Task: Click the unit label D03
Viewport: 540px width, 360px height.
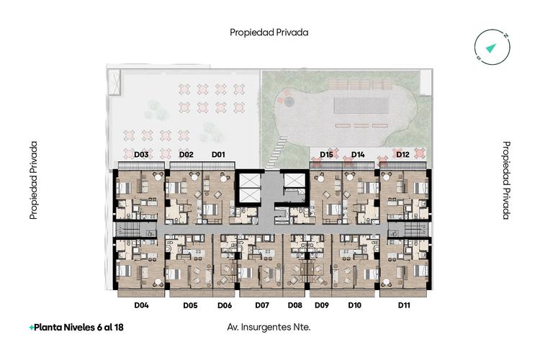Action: (x=141, y=154)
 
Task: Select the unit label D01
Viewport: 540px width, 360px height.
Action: (x=218, y=154)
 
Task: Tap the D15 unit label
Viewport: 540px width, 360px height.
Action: (x=326, y=154)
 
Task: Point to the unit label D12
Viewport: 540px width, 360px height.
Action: (x=402, y=154)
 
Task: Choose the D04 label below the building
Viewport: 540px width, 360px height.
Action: (x=141, y=305)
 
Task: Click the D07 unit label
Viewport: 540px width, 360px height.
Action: (x=262, y=305)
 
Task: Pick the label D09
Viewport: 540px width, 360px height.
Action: (x=322, y=305)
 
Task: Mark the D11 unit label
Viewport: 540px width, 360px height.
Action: (x=404, y=305)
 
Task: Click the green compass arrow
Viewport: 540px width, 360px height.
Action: (x=491, y=48)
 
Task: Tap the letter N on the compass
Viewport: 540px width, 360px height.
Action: (x=505, y=35)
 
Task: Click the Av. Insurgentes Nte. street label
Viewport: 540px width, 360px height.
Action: (x=269, y=327)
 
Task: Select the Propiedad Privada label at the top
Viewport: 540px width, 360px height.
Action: (x=269, y=32)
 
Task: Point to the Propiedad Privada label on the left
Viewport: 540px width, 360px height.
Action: (x=33, y=180)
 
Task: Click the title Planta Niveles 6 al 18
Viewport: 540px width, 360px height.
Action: (x=78, y=328)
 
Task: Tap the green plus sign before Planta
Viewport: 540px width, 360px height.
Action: (x=32, y=328)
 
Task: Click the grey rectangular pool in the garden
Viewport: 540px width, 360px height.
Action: (x=361, y=105)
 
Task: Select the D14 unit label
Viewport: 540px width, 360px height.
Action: (x=358, y=154)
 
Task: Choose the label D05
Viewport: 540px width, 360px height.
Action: (x=190, y=305)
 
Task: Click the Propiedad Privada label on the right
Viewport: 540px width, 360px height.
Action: (x=506, y=180)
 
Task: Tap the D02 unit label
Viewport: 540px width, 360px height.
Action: (x=186, y=154)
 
